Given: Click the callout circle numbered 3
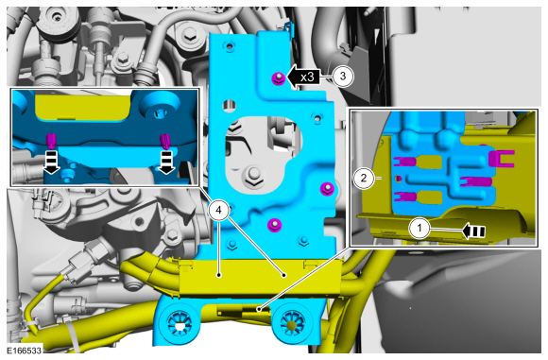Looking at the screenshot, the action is (x=342, y=76).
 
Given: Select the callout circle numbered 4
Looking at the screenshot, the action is (x=218, y=210).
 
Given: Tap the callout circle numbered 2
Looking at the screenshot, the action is (x=364, y=179).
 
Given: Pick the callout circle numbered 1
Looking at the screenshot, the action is (x=420, y=229).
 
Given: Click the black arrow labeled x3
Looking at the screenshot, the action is (x=303, y=77).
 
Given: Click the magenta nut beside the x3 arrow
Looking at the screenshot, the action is (x=278, y=78).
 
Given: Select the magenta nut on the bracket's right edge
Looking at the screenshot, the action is (x=327, y=189).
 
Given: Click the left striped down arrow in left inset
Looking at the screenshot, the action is (x=51, y=163).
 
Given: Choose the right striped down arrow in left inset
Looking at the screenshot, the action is (x=166, y=163).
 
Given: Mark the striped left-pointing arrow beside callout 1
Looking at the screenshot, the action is (x=473, y=231).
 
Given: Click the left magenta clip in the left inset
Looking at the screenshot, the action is (x=51, y=140).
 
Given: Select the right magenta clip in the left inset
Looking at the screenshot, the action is (x=165, y=141).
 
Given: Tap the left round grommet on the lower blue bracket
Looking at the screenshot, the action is (x=180, y=323).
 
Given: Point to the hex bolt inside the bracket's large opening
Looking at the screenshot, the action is (x=253, y=175).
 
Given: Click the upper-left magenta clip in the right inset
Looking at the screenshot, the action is (x=405, y=162).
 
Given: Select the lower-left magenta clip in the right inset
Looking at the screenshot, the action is (x=405, y=197).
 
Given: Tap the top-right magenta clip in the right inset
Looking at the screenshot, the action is (x=502, y=158).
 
